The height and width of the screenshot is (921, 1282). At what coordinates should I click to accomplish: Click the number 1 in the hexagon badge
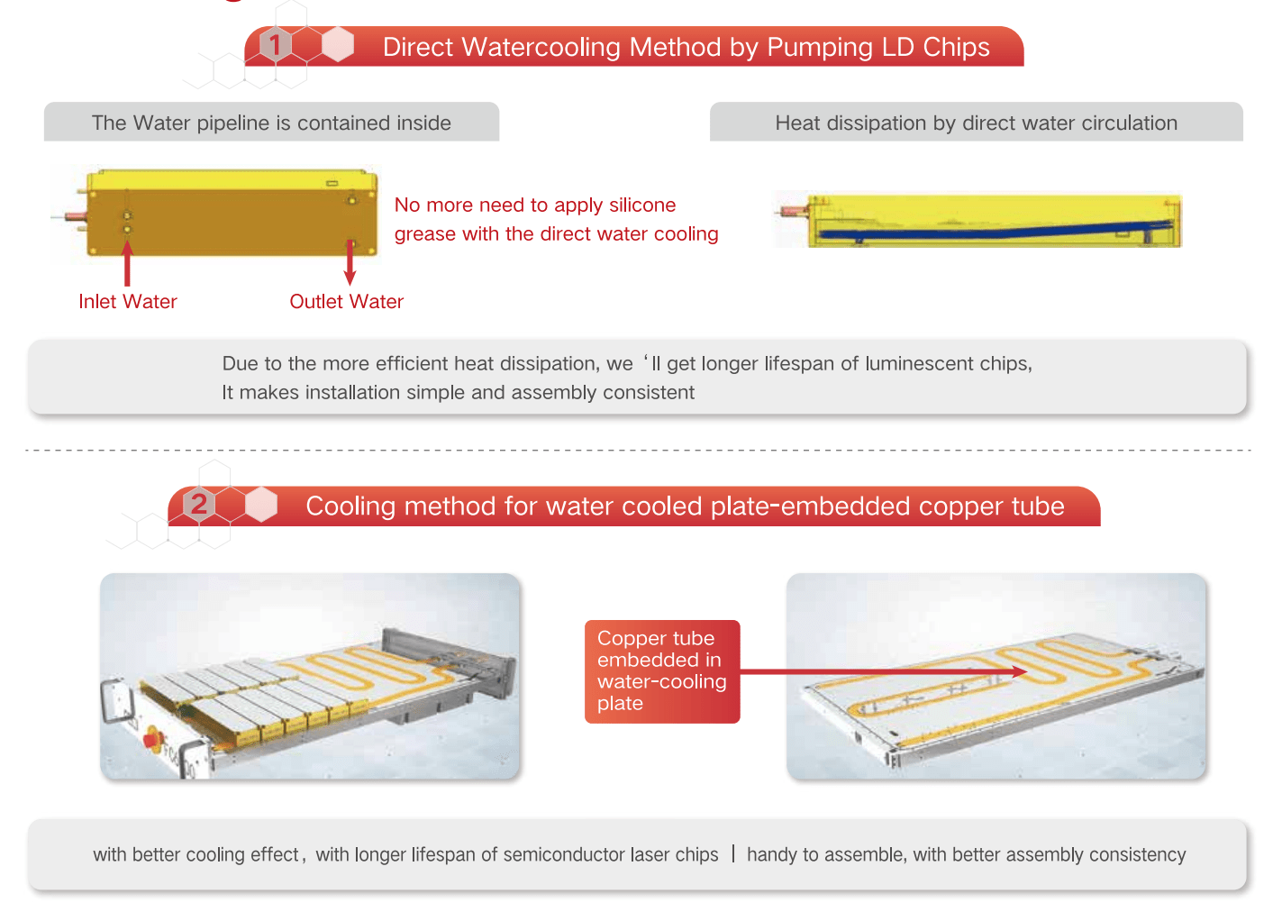tap(276, 45)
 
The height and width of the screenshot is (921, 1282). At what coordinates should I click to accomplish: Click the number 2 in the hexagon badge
tap(198, 505)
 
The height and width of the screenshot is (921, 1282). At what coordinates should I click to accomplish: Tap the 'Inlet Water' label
tap(128, 302)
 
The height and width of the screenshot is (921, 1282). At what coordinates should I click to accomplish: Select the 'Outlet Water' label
tap(346, 302)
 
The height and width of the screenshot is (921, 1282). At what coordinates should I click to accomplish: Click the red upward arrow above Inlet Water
tap(127, 264)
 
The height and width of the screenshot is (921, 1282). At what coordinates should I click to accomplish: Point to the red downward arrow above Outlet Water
tap(350, 263)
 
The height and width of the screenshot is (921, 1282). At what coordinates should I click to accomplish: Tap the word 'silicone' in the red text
tap(642, 205)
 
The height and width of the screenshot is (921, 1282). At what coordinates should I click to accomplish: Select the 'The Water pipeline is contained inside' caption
tap(271, 123)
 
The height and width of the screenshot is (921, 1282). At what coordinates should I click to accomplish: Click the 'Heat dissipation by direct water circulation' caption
tap(977, 123)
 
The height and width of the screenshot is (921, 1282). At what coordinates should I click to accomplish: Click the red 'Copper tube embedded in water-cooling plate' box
tap(662, 671)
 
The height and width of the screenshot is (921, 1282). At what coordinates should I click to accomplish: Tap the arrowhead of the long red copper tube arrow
tap(1020, 671)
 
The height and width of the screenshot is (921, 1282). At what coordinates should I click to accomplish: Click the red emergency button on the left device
tap(153, 738)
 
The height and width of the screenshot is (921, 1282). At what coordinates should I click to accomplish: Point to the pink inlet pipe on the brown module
tap(75, 216)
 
